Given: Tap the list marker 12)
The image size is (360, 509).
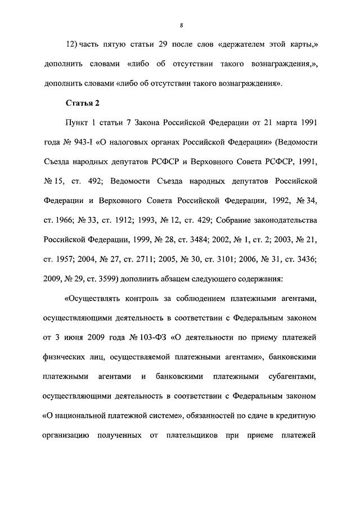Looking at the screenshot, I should point(73,44).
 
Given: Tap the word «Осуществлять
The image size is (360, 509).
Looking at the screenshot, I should point(97,299).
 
